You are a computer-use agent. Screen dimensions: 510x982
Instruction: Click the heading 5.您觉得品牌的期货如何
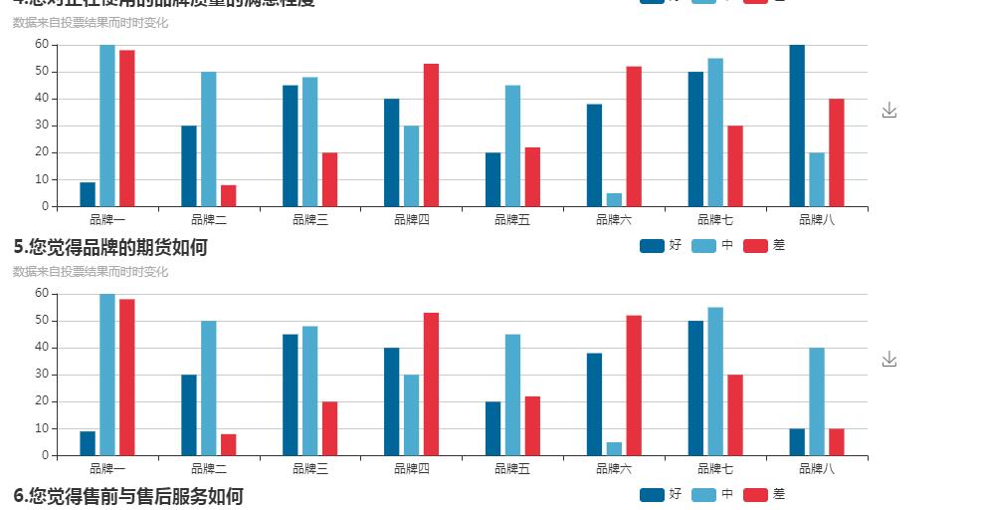(x=110, y=247)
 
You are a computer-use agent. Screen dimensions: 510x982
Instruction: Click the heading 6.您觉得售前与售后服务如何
(x=128, y=496)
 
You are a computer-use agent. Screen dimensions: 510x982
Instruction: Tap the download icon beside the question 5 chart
(x=889, y=359)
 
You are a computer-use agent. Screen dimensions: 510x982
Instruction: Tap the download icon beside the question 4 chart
(x=889, y=110)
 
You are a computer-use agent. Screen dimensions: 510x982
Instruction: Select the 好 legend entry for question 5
(x=661, y=245)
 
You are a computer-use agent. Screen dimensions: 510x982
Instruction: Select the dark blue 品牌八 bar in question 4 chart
(x=797, y=126)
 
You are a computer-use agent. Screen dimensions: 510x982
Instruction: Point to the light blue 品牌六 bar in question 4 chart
(x=614, y=200)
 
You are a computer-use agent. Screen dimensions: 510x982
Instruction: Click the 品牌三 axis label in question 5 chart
(x=310, y=468)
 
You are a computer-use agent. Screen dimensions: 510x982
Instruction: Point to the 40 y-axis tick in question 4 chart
(x=42, y=99)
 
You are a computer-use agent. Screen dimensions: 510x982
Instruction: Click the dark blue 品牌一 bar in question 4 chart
(x=88, y=194)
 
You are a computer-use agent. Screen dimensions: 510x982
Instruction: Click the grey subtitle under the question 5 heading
(x=91, y=272)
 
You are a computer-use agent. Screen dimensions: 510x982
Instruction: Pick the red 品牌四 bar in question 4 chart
(x=431, y=135)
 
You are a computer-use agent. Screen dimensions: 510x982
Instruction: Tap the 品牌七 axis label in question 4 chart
(x=715, y=219)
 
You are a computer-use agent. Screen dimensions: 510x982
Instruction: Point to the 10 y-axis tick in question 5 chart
(x=42, y=428)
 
